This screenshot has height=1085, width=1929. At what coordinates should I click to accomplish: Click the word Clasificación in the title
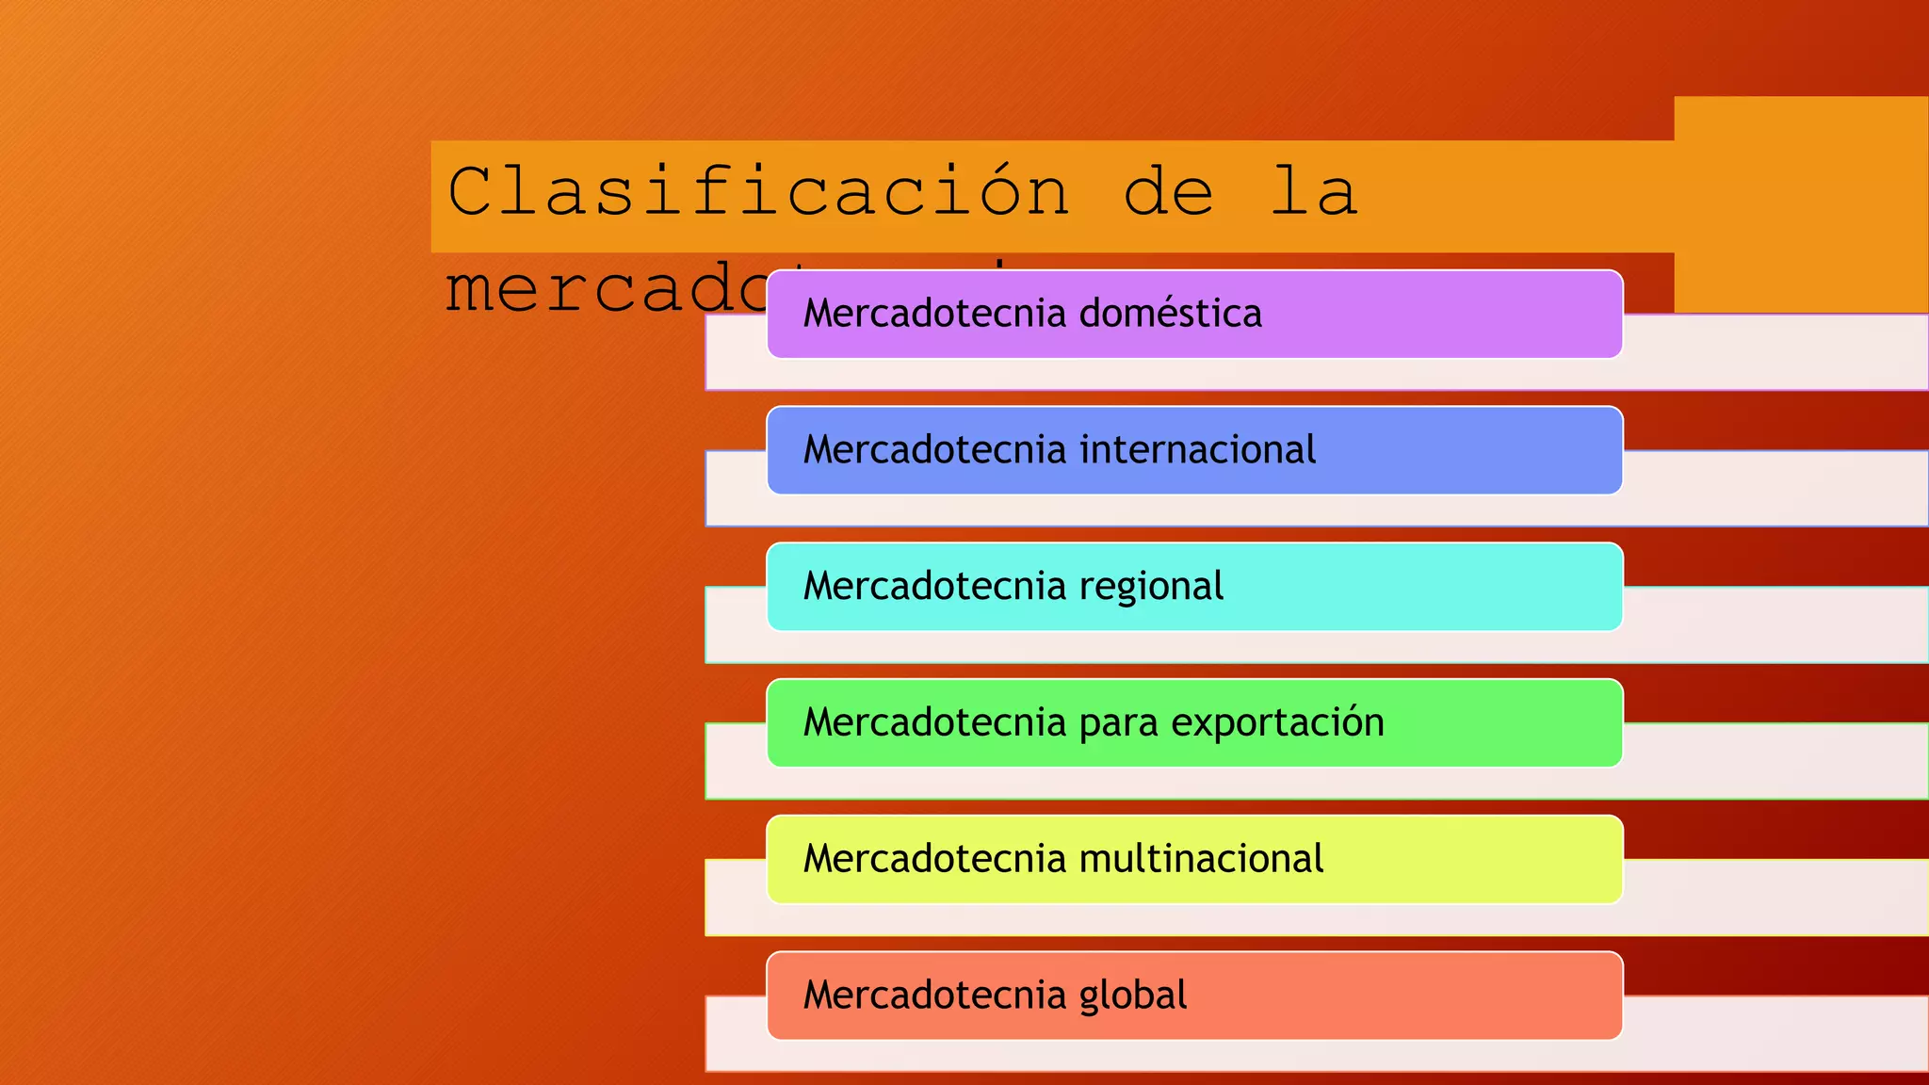click(x=758, y=192)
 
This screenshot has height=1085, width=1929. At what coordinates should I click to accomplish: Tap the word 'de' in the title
click(x=1169, y=192)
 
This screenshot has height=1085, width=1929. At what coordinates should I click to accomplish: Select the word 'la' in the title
click(x=1314, y=192)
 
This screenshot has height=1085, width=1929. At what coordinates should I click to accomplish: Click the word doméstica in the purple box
click(x=1170, y=314)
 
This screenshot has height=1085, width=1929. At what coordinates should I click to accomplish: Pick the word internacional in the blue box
click(x=1197, y=450)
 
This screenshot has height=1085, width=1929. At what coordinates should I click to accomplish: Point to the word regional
click(x=1151, y=587)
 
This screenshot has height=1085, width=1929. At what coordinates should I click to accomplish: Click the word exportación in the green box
click(x=1277, y=722)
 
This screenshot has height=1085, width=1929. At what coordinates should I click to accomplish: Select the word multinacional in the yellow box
click(x=1201, y=859)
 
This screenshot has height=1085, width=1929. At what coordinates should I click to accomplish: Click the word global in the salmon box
click(x=1132, y=996)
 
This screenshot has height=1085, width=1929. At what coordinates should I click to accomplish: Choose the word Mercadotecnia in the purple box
click(x=935, y=314)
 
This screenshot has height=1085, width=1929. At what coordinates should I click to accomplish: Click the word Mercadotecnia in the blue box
click(x=935, y=450)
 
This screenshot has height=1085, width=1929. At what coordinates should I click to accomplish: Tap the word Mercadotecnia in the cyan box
click(x=935, y=587)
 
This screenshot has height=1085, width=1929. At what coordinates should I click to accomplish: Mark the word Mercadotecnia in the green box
click(x=935, y=722)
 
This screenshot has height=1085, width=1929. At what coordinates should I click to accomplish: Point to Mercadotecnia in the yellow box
click(x=935, y=859)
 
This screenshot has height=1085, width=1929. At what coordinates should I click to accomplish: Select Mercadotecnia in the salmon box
click(x=935, y=996)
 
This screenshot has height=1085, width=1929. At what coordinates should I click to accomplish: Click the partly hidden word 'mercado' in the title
click(x=603, y=288)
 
